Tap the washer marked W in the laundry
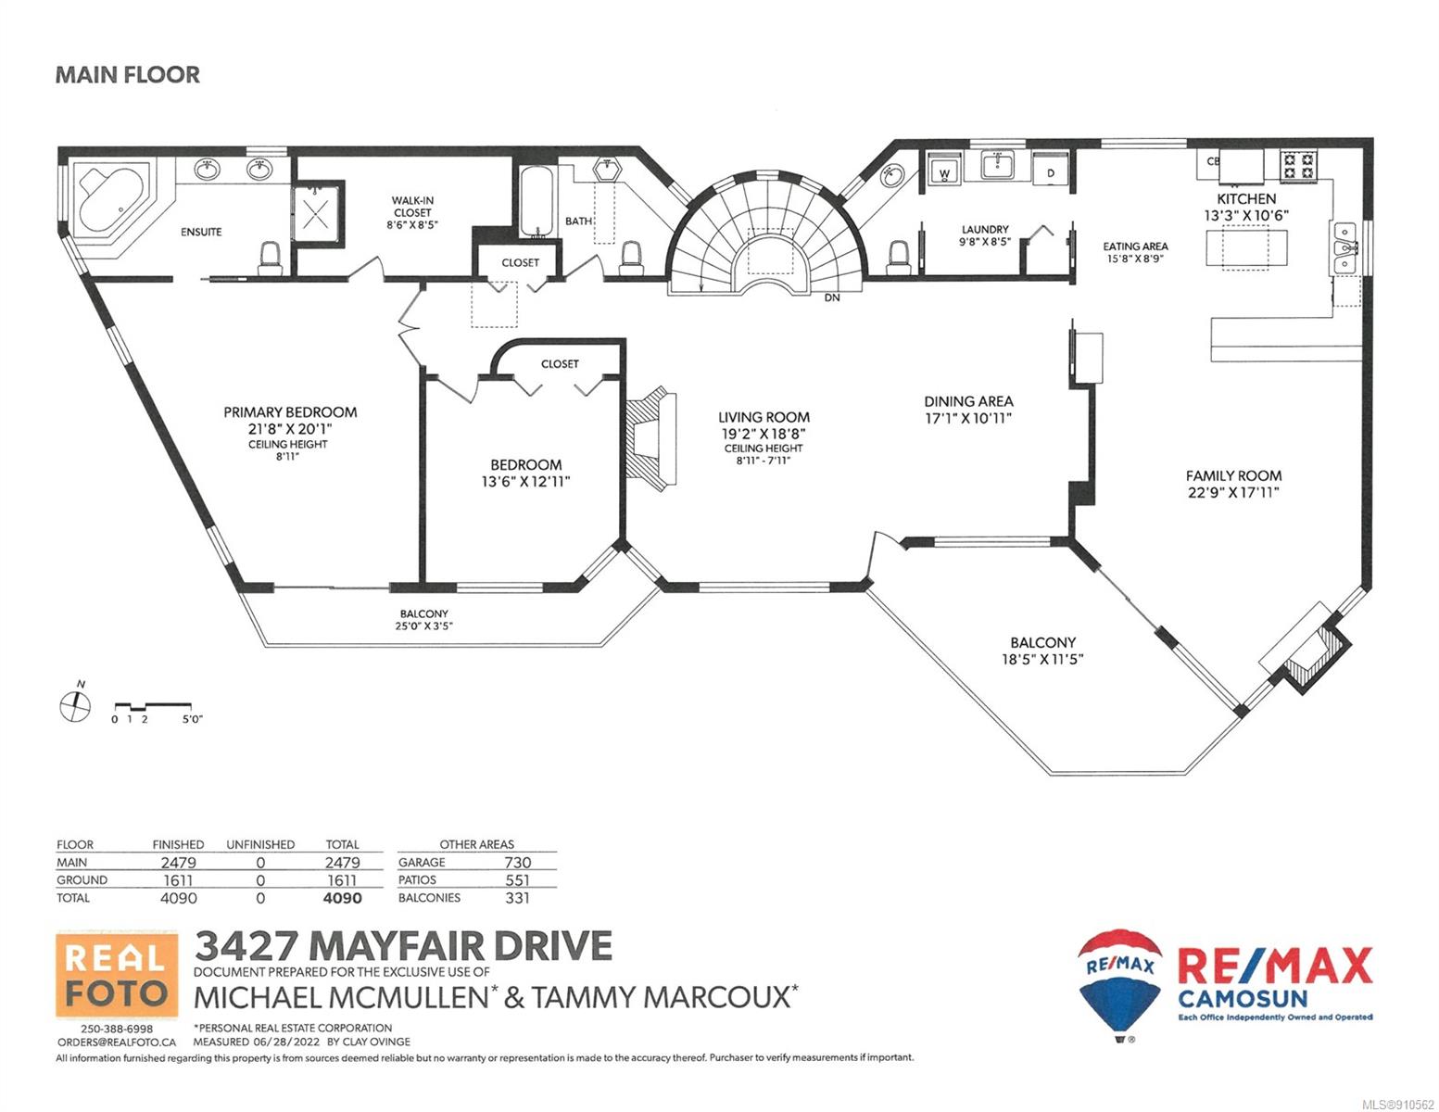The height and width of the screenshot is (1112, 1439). click(x=945, y=170)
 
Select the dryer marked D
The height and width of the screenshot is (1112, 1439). click(x=1050, y=171)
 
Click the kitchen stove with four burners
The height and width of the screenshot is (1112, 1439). click(x=1298, y=166)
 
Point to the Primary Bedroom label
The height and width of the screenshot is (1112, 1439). click(x=290, y=412)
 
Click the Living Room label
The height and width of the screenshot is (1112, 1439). click(x=764, y=417)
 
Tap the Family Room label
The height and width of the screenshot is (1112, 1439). click(x=1233, y=475)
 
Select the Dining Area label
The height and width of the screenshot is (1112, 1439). click(x=968, y=401)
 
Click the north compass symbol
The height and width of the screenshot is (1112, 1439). click(x=75, y=703)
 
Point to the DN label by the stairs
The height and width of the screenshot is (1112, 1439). click(x=832, y=298)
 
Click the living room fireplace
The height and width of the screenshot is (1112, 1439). click(x=650, y=438)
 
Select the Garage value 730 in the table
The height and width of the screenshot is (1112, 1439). click(x=517, y=863)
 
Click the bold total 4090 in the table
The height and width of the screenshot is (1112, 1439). click(x=342, y=898)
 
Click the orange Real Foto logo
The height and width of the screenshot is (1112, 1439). click(x=117, y=975)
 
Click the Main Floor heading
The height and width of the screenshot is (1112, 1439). click(x=127, y=75)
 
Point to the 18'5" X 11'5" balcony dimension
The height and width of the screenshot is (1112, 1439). click(x=1042, y=659)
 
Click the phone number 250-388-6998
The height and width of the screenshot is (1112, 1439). click(x=117, y=1029)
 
